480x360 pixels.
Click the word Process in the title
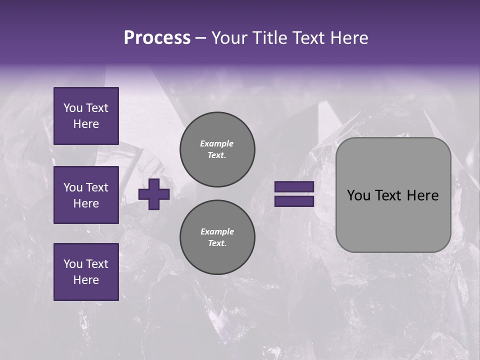157,38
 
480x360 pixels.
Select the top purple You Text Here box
86,116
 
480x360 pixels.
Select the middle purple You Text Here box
86,195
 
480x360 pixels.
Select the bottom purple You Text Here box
86,272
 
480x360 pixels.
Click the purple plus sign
154,194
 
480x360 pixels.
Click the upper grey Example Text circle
217,149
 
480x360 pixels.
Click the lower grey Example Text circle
217,237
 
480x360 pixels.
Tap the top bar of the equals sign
294,187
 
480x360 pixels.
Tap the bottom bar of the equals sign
294,201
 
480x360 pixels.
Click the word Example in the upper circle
216,143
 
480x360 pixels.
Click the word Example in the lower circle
217,231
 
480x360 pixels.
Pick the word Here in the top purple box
86,124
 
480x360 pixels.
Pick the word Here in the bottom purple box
86,280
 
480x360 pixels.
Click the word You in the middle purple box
72,187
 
